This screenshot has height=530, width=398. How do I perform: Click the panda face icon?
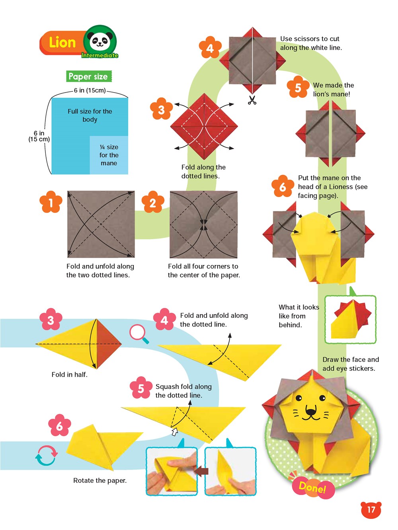pyautogui.click(x=100, y=40)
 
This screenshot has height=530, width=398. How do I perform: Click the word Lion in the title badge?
pyautogui.click(x=62, y=42)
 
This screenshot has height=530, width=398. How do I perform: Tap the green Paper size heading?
pyautogui.click(x=88, y=76)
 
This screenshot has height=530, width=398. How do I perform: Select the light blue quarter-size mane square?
pyautogui.click(x=109, y=155)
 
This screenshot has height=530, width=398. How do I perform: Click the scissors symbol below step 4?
pyautogui.click(x=252, y=100)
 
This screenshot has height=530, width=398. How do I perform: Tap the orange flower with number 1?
pyautogui.click(x=51, y=202)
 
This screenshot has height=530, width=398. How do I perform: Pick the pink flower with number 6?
pyautogui.click(x=59, y=426)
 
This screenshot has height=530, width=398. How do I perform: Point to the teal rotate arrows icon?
pyautogui.click(x=46, y=455)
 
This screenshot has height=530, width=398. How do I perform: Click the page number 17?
pyautogui.click(x=371, y=510)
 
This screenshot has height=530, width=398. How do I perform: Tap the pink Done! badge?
pyautogui.click(x=312, y=487)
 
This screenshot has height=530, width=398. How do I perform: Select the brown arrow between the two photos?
pyautogui.click(x=201, y=471)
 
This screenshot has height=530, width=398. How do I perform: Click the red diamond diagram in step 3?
pyautogui.click(x=204, y=127)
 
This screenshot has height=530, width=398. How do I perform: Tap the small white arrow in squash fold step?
pyautogui.click(x=174, y=432)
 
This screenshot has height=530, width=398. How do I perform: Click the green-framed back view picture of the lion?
pyautogui.click(x=350, y=319)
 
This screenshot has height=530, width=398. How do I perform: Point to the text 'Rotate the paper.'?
pyautogui.click(x=100, y=480)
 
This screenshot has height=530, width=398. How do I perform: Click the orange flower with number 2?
pyautogui.click(x=153, y=202)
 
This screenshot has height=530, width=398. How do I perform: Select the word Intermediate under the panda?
pyautogui.click(x=99, y=56)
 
